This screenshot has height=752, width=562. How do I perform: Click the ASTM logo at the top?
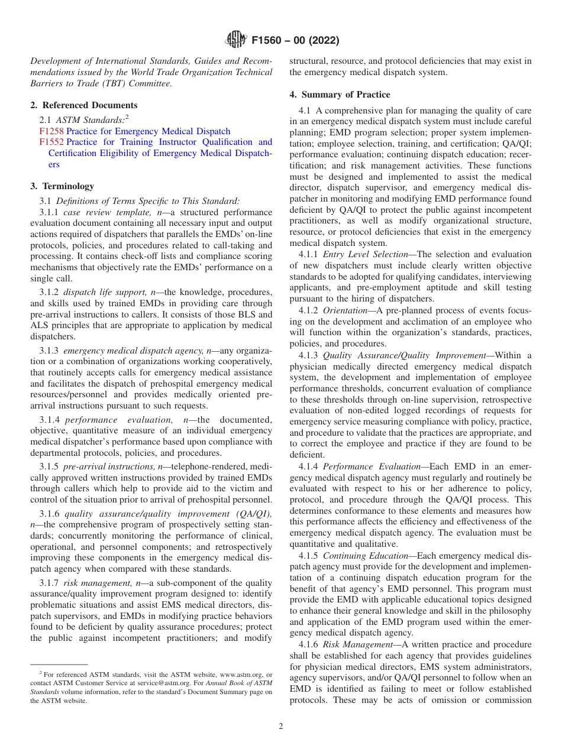coord(237,40)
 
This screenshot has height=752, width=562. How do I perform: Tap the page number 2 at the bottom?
coord(281,727)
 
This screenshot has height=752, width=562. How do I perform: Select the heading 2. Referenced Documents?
coord(83,105)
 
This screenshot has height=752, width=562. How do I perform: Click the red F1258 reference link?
coord(51,131)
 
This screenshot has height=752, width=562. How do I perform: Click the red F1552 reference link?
coord(51,142)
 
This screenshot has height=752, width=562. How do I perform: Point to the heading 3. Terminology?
coord(62,186)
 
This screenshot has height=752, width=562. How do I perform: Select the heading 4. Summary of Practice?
coord(340,95)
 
